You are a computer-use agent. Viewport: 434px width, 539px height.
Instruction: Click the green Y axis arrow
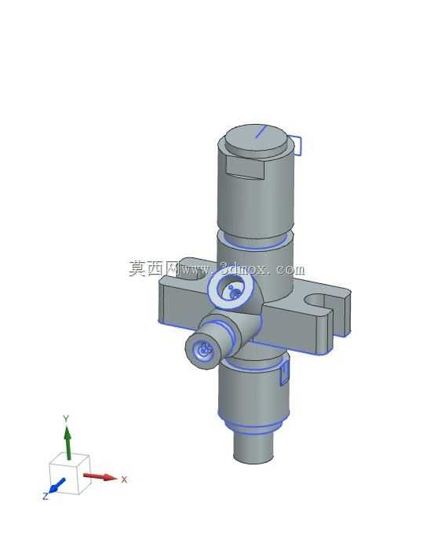(67, 442)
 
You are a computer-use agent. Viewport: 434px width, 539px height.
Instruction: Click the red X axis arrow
(100, 476)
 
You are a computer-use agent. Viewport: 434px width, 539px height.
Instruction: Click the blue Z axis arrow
(57, 485)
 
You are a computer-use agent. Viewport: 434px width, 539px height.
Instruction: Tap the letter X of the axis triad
(124, 479)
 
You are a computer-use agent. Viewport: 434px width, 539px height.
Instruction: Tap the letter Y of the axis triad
(66, 418)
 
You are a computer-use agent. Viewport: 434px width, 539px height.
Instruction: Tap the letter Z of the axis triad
(45, 496)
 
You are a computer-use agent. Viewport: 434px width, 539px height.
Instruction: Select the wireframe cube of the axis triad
(69, 474)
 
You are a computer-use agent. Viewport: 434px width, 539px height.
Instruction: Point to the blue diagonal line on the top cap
(261, 131)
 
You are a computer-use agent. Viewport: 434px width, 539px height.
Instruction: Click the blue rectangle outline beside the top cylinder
(296, 144)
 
